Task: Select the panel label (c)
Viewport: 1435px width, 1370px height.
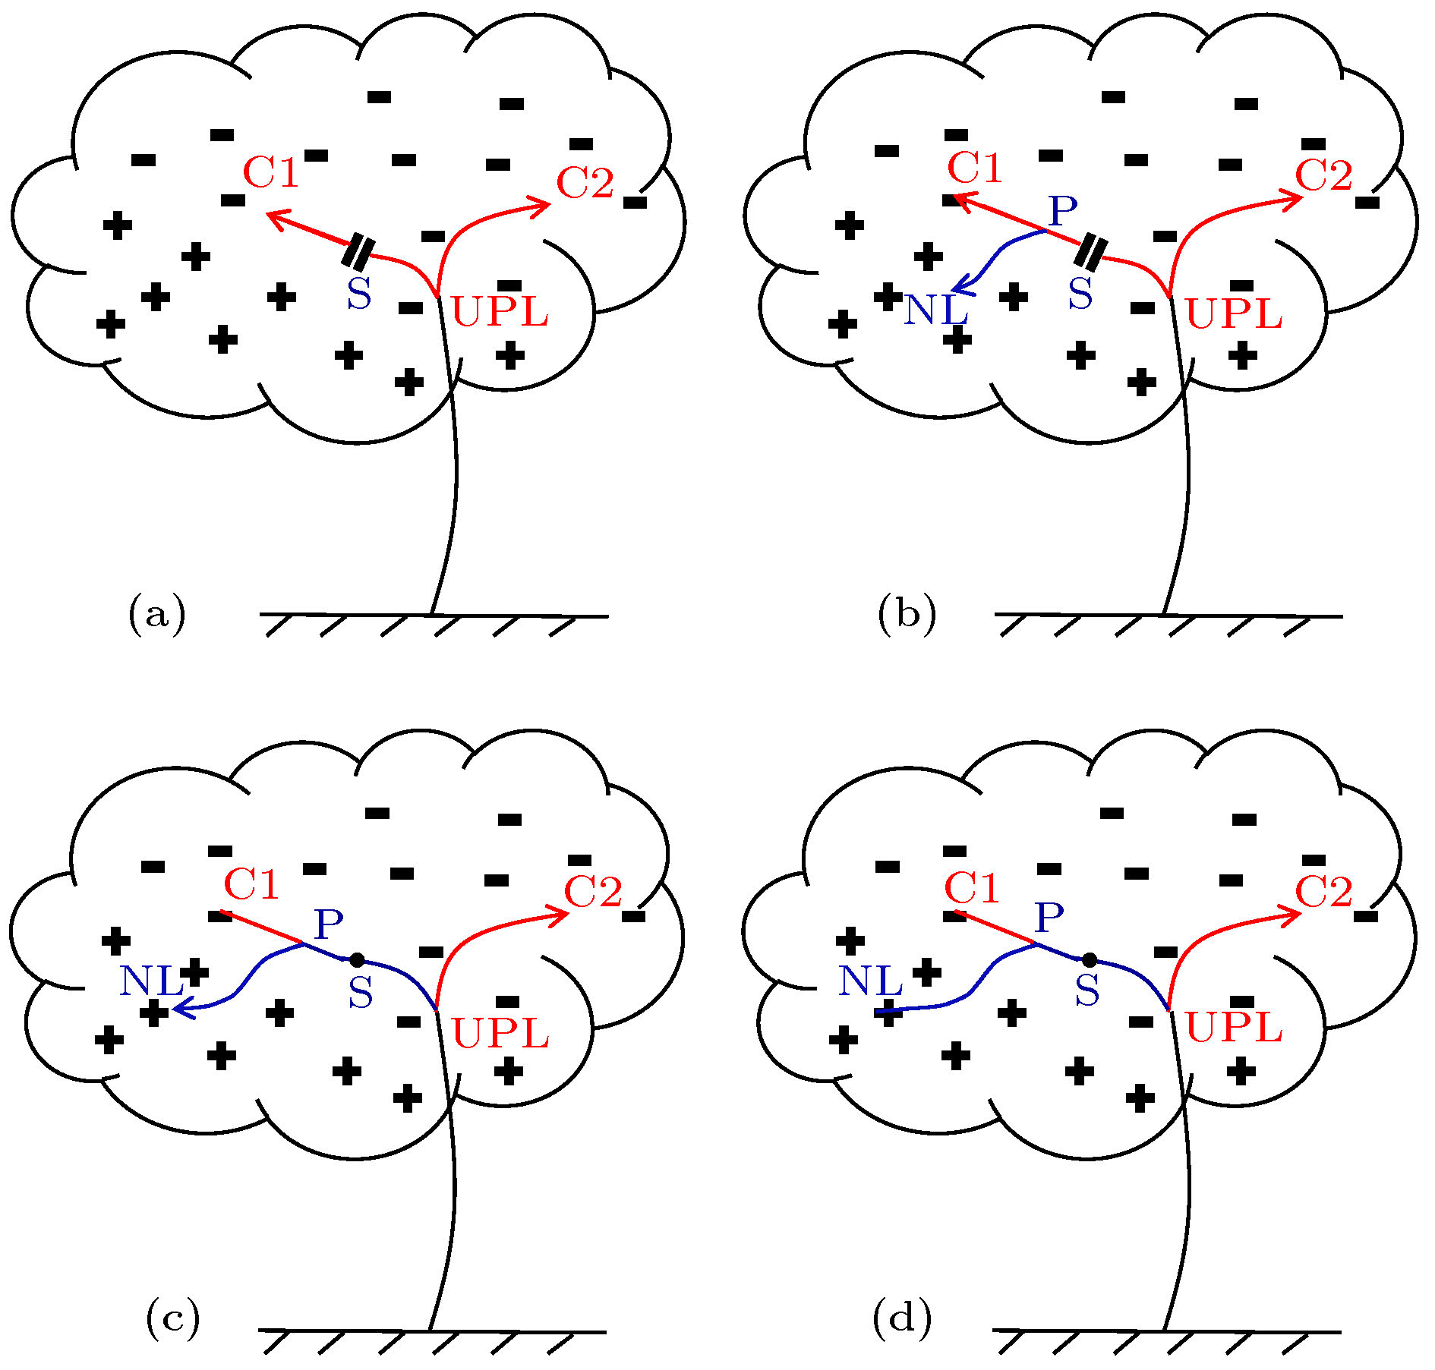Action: (173, 1319)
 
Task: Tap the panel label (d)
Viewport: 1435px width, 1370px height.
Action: (902, 1318)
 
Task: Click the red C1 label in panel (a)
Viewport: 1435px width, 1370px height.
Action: (271, 172)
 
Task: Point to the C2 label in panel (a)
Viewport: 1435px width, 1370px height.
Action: (585, 183)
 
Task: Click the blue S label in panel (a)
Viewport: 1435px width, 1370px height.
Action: (359, 294)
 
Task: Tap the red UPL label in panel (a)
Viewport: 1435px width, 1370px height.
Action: (500, 312)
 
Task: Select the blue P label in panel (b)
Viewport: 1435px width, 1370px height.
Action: (1062, 210)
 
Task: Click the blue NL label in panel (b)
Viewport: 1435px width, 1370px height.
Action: (935, 310)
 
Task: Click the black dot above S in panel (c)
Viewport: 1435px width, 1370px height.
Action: (357, 960)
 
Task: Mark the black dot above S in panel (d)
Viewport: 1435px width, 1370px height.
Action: (1089, 960)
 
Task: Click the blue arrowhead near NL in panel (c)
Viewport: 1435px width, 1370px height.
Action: (179, 1008)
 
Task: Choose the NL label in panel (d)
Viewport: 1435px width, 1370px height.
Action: (870, 983)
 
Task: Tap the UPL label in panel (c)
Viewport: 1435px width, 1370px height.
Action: (500, 1033)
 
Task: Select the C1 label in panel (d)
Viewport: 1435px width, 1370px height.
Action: (972, 888)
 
